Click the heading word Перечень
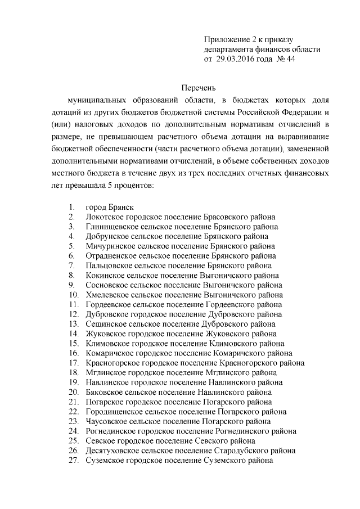tap(200, 87)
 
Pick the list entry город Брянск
tap(109, 206)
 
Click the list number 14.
tap(73, 334)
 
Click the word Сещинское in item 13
tap(105, 325)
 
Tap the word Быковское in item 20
tap(105, 392)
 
